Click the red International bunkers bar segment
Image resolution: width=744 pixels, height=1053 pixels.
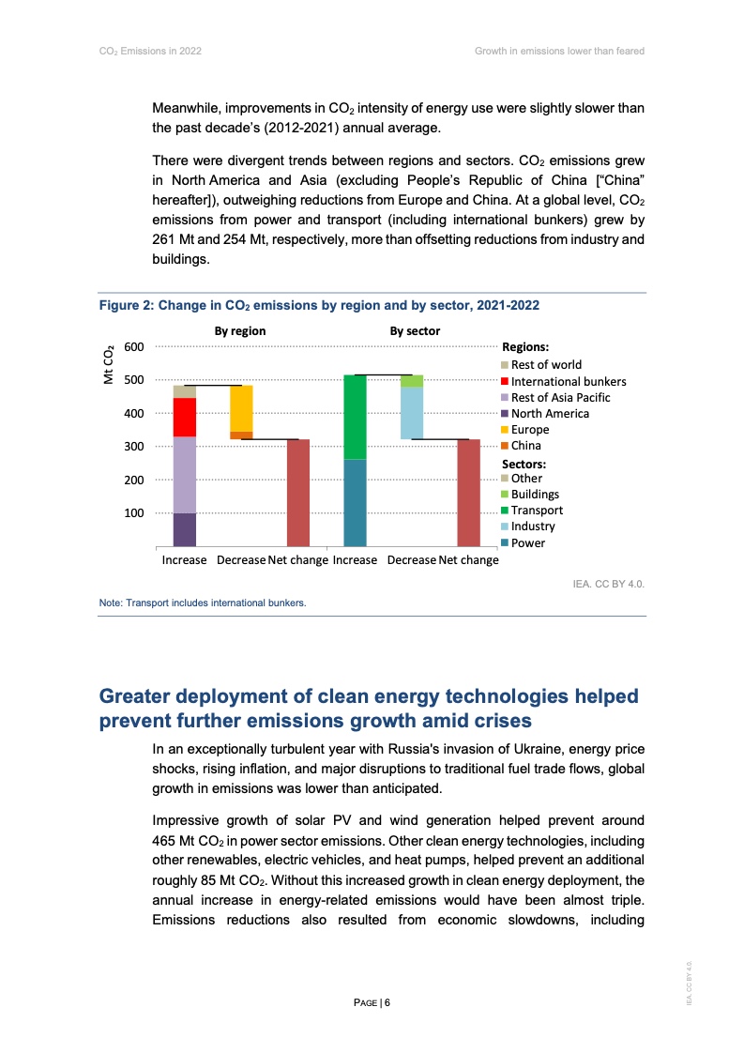click(x=185, y=417)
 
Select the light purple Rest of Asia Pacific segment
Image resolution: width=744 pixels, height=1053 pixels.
click(x=185, y=474)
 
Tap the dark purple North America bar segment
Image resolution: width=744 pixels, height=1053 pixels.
click(x=185, y=529)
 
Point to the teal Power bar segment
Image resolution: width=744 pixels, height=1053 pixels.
click(x=356, y=502)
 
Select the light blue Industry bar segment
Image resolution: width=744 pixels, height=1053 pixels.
click(x=412, y=413)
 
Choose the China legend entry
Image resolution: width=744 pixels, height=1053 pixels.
click(x=525, y=446)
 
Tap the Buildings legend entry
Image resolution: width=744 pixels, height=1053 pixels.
click(x=535, y=495)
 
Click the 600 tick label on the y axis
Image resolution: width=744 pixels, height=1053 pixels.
click(x=133, y=347)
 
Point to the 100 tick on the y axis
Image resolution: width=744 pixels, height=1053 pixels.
click(x=133, y=513)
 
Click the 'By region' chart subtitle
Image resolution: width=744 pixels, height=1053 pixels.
click(x=240, y=331)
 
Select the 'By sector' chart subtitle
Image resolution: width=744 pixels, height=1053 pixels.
click(x=415, y=331)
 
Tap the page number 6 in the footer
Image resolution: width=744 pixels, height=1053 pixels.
click(x=386, y=1002)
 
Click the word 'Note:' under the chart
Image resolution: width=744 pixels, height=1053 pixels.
click(x=111, y=603)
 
